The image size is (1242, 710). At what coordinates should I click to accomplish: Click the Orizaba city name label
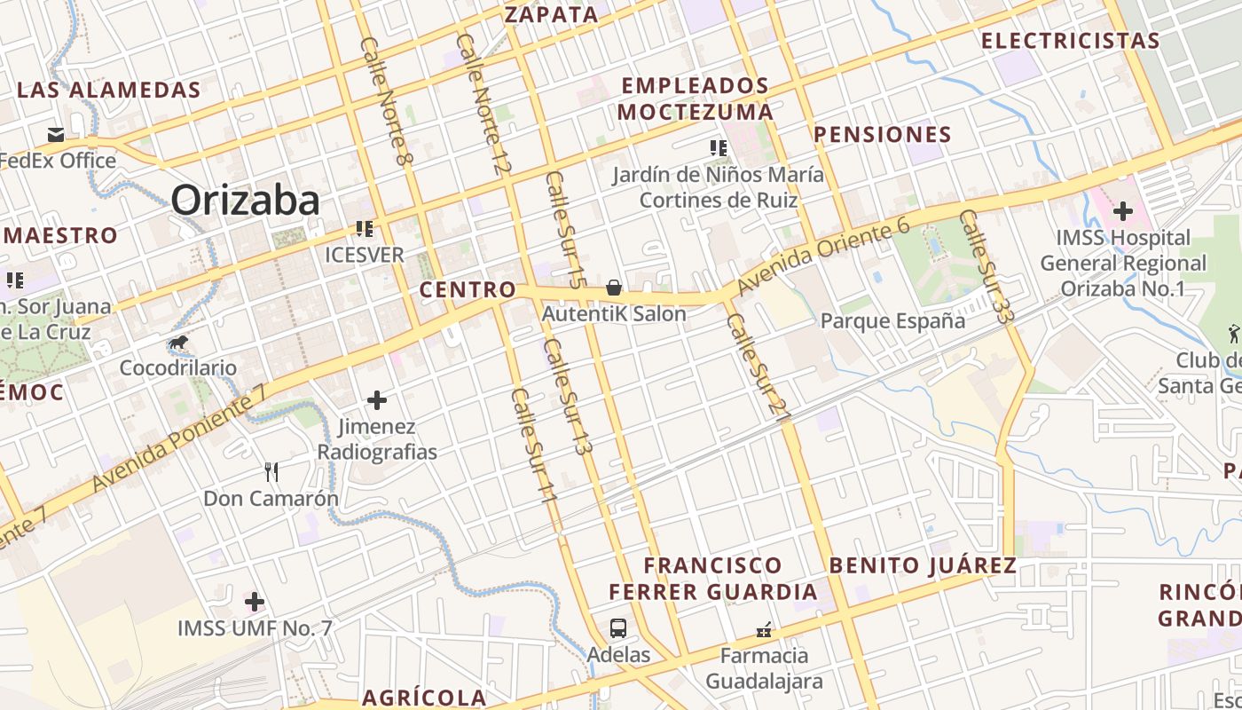pos(245,201)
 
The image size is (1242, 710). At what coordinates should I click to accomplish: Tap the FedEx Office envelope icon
pos(56,135)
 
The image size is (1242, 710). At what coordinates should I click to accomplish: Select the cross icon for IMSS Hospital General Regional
pos(1123,211)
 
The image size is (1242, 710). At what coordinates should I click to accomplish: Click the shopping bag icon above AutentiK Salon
pos(613,288)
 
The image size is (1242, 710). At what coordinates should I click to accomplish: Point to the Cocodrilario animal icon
pos(178,343)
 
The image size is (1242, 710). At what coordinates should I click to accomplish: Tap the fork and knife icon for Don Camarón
pos(271,472)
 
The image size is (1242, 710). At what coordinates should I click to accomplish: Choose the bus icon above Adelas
pos(618,628)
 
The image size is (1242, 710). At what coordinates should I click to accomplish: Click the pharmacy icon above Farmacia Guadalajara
pos(764,630)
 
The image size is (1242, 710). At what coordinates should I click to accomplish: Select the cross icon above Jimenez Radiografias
pos(377,400)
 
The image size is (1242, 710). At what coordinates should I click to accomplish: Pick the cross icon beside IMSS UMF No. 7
pos(255,602)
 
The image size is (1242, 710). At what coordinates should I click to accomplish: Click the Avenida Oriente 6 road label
pos(823,258)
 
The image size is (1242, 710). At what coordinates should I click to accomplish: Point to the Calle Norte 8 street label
pos(388,100)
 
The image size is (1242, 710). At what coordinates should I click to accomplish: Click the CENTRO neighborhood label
pos(468,289)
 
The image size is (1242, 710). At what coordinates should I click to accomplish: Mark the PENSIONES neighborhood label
pos(883,135)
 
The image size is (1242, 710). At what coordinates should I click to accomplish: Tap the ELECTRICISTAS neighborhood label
pos(1070,41)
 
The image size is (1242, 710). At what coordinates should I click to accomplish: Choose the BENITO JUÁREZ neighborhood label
pos(923,565)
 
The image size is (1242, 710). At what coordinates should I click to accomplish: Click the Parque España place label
pos(892,320)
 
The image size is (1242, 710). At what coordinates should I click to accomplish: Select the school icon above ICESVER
pos(364,229)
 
